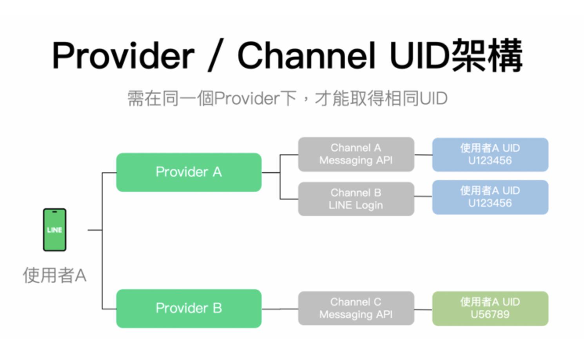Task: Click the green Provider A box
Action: click(x=189, y=172)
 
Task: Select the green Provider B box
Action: click(x=189, y=308)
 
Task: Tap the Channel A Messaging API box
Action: click(x=356, y=154)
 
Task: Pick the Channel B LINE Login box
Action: click(x=356, y=199)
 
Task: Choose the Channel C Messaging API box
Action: click(x=356, y=308)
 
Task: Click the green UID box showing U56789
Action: click(x=490, y=308)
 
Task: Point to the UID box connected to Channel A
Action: click(x=490, y=155)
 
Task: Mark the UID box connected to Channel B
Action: click(x=490, y=197)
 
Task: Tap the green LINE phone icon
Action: click(x=54, y=229)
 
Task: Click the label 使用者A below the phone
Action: click(x=54, y=275)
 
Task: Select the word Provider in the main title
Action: click(x=123, y=56)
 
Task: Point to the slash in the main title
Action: click(x=216, y=55)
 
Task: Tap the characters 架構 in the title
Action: click(x=487, y=55)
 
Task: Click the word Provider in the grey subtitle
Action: click(x=247, y=98)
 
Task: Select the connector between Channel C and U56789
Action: click(x=423, y=310)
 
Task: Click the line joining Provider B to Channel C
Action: click(x=280, y=309)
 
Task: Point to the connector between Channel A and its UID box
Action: click(x=423, y=155)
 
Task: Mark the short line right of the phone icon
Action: click(x=95, y=230)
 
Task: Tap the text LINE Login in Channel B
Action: click(x=356, y=205)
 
